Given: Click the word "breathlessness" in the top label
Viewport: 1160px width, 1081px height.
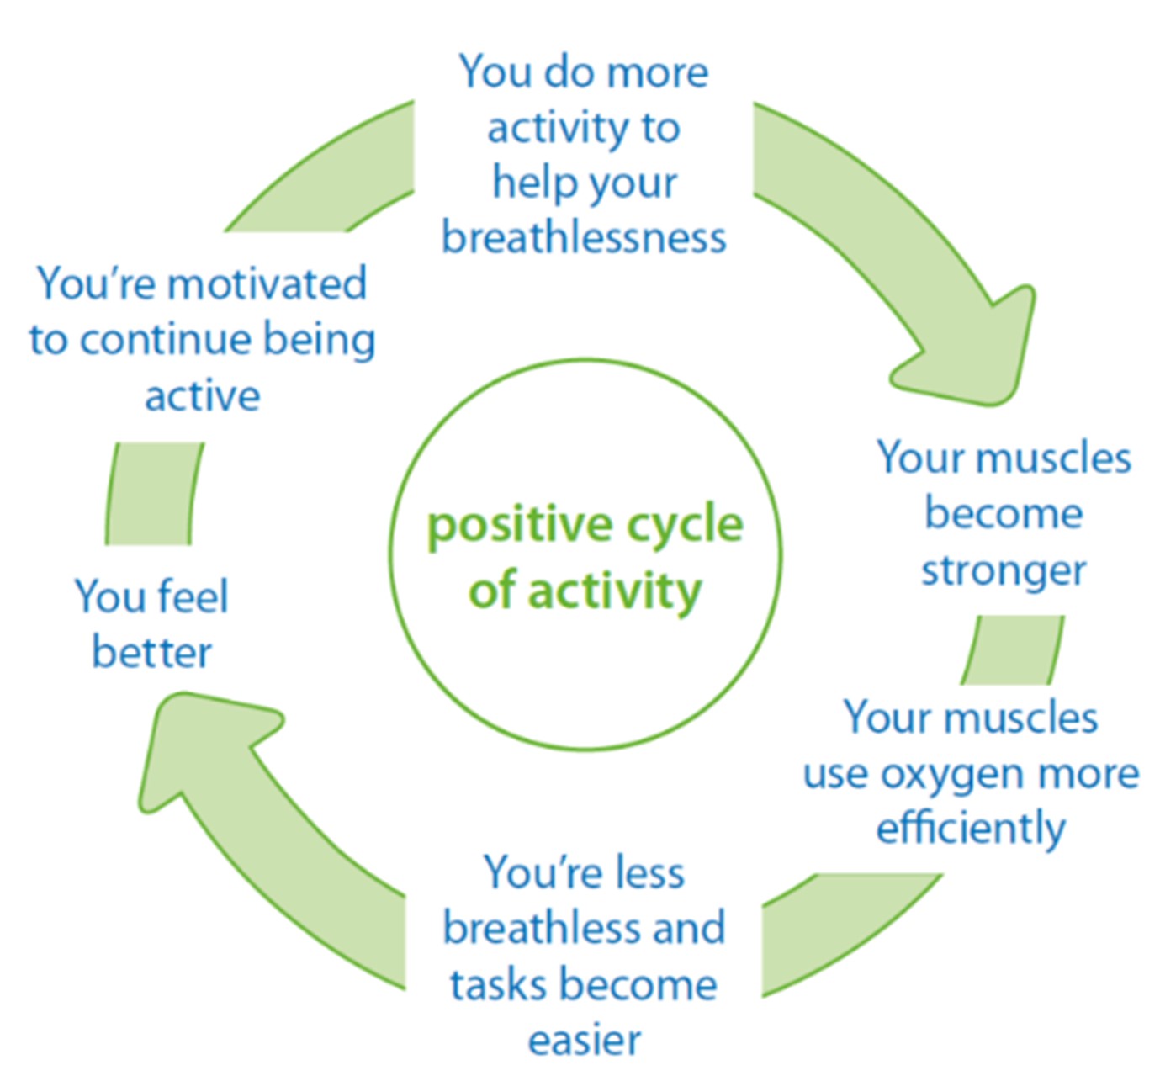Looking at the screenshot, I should pos(584,237).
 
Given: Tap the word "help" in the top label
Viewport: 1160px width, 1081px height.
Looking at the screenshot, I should pos(527,182).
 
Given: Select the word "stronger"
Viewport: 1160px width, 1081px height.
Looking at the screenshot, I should pos(1004,570).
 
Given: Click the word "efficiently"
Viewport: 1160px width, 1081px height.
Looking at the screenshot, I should pos(971,828).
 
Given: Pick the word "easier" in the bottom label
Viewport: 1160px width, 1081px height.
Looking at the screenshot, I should pos(584,1040).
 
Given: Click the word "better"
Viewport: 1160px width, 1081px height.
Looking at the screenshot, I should pos(151,653).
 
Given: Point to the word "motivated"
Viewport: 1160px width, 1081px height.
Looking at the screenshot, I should pos(267,283).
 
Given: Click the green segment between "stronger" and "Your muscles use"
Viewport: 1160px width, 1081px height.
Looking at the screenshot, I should pos(1013,649).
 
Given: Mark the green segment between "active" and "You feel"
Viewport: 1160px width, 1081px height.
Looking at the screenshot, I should pos(153,494).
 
